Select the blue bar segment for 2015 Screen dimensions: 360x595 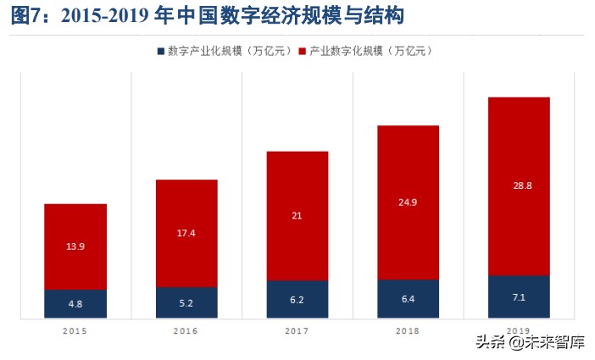75,303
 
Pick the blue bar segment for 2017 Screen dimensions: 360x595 297,299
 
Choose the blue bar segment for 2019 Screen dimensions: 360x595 519,296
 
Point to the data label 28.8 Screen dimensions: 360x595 519,185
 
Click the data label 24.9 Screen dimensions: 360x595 408,202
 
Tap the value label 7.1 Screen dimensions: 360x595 519,297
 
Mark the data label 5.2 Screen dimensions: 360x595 186,302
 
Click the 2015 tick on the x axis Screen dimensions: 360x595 75,330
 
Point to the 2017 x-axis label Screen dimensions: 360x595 297,330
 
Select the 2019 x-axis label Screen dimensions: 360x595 519,330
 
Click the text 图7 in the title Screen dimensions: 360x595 30,15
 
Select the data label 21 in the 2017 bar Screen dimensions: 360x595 297,216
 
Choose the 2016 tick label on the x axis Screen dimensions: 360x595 186,330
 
